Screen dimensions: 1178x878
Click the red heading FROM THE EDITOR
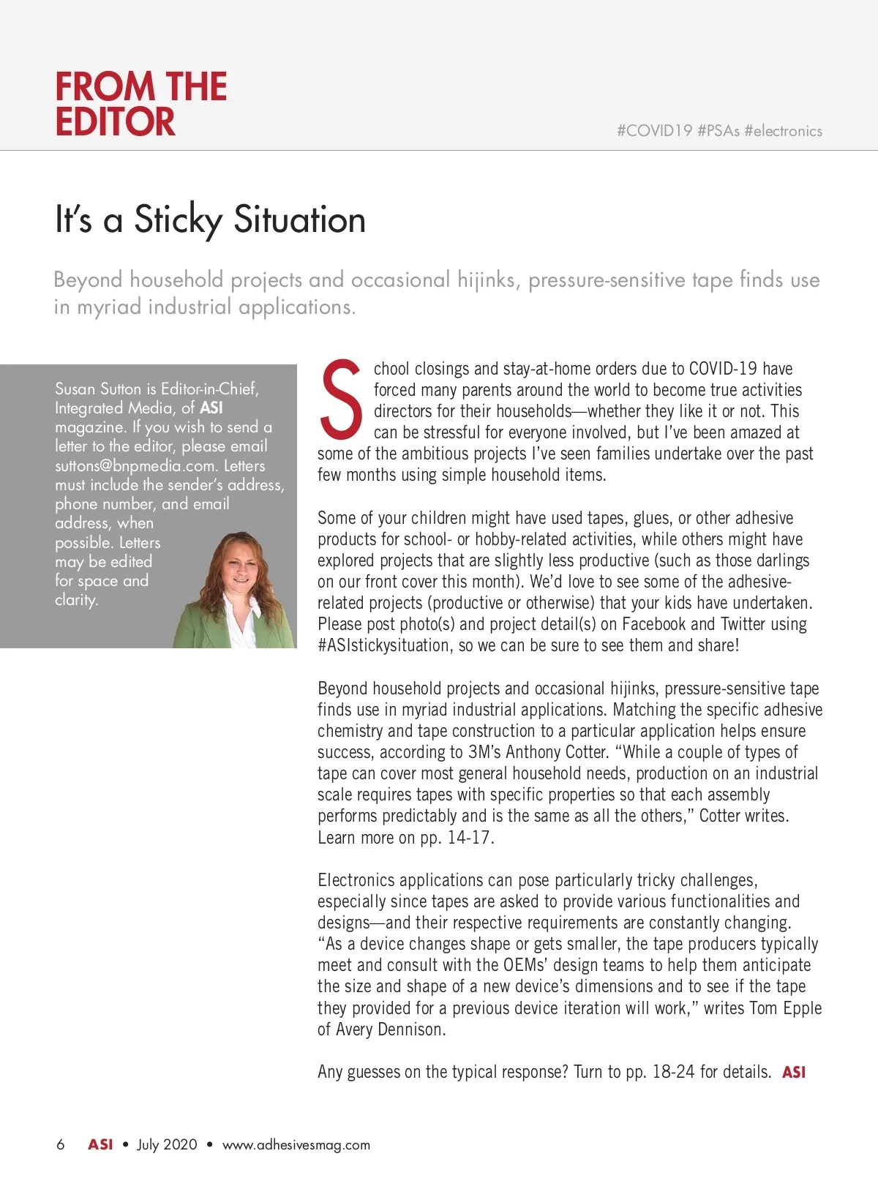pyautogui.click(x=140, y=104)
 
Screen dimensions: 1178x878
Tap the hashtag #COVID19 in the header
pyautogui.click(x=654, y=131)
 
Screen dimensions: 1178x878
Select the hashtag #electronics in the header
pyautogui.click(x=783, y=131)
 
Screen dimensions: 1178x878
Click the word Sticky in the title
pyautogui.click(x=178, y=220)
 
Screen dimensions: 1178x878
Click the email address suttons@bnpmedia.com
pyautogui.click(x=135, y=466)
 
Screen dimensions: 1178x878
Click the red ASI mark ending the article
pyautogui.click(x=794, y=1073)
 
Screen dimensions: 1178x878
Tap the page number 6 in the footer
pyautogui.click(x=60, y=1145)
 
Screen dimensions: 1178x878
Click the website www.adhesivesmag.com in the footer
pyautogui.click(x=296, y=1145)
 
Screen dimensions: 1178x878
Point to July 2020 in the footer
pyautogui.click(x=167, y=1145)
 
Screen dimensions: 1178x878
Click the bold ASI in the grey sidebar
pyautogui.click(x=211, y=408)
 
